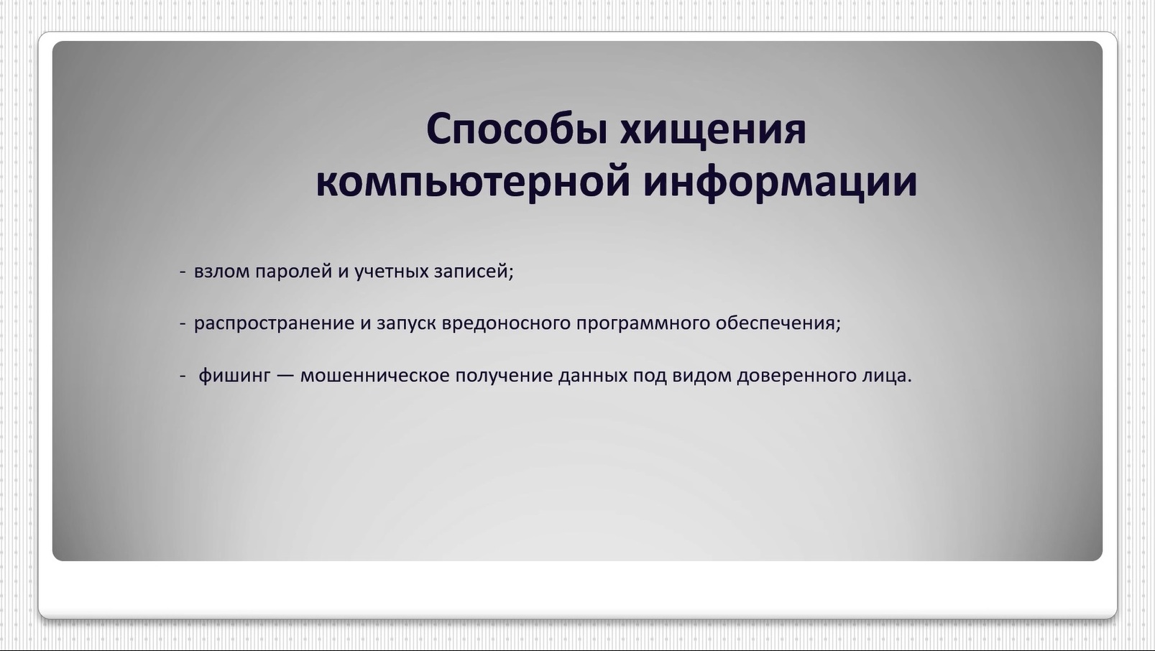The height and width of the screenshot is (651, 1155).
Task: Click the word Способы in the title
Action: pyautogui.click(x=517, y=129)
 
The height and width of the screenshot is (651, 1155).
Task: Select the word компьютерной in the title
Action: pyautogui.click(x=474, y=183)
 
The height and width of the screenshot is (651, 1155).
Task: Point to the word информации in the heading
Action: pyautogui.click(x=781, y=183)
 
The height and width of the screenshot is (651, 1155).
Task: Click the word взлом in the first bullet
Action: pyautogui.click(x=221, y=271)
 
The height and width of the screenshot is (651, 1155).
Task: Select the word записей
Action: pyautogui.click(x=474, y=271)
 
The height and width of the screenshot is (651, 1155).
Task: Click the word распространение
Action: pyautogui.click(x=275, y=324)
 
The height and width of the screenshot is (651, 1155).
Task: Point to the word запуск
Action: pyautogui.click(x=407, y=324)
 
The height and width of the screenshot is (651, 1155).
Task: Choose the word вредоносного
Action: pyautogui.click(x=506, y=324)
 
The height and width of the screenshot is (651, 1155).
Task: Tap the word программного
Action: pyautogui.click(x=643, y=324)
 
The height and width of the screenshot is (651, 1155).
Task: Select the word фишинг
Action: pyautogui.click(x=234, y=376)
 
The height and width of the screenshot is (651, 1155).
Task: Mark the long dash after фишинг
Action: pyautogui.click(x=285, y=376)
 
